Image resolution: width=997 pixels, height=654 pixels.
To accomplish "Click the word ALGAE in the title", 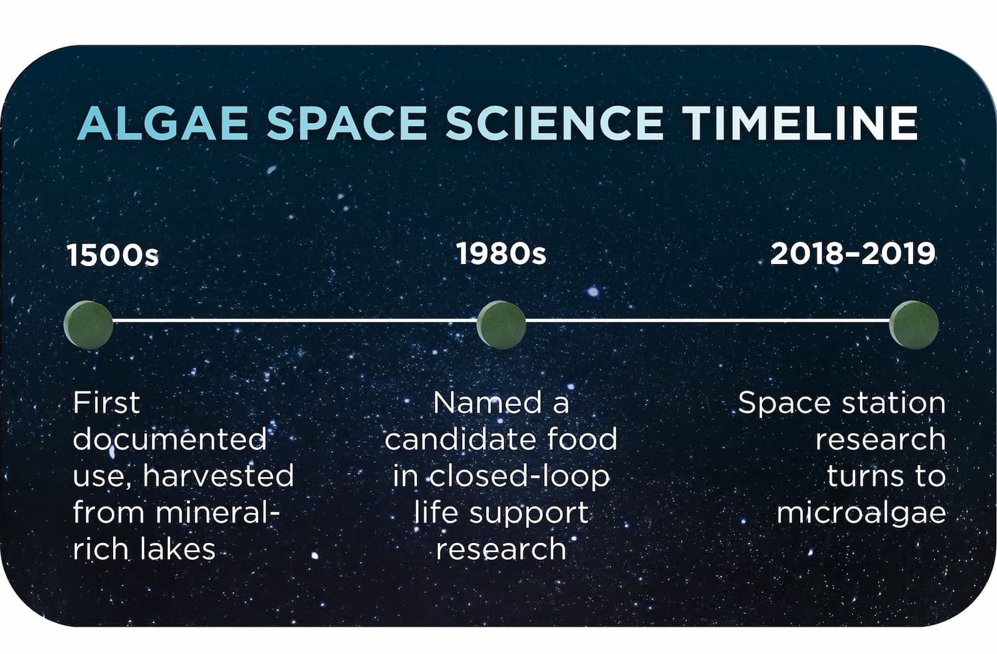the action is [162, 123].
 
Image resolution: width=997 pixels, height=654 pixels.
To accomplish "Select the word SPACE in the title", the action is [347, 123].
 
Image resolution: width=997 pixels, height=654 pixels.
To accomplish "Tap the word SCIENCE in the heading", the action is [555, 123].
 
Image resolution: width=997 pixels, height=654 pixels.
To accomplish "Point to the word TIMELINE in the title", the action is [800, 123].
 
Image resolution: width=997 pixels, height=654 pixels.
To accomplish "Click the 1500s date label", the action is [112, 255].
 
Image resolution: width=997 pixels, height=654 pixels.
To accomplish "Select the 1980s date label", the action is [501, 253].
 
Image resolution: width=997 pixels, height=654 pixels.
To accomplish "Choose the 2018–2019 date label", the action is [853, 253].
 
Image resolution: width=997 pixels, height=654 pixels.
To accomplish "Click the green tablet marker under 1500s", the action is [88, 325].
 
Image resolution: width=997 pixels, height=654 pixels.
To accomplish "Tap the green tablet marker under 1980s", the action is [501, 325].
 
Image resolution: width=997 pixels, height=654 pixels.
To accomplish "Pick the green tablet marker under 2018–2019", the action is [914, 325].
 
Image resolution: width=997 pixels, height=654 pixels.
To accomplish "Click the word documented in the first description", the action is [170, 439].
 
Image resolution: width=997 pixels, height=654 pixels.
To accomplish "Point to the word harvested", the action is [219, 476].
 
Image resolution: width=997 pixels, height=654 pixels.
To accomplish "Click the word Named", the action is [488, 403].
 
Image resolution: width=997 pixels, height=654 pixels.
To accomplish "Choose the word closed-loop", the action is [519, 476].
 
